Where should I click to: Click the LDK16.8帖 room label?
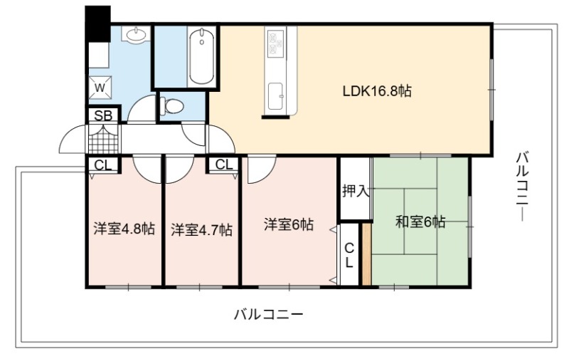377,90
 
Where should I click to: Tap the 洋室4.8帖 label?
124,229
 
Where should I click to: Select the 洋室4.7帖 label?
201,229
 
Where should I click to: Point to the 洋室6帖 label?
289,224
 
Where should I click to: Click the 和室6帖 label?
420,222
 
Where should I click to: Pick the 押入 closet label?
356,191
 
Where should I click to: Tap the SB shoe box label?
103,115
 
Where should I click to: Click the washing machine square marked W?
100,87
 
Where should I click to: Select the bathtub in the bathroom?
201,56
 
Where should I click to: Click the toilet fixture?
172,106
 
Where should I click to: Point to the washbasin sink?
137,34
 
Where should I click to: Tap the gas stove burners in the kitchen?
275,44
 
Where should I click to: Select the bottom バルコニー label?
268,314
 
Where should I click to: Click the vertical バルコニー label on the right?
523,187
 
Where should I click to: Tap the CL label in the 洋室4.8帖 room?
103,165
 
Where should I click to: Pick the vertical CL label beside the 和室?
349,255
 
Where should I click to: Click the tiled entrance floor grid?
103,139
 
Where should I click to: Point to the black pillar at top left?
97,24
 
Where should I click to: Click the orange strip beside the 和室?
366,254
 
